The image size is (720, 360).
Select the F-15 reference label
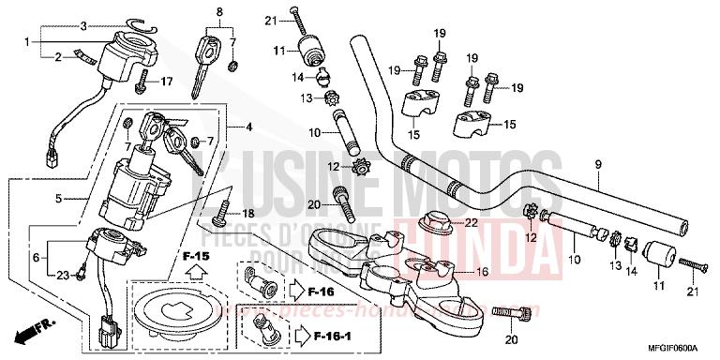coord(196,256)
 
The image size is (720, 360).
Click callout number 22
coord(471,222)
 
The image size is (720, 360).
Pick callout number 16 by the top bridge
coord(483,272)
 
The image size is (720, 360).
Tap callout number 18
coord(249,214)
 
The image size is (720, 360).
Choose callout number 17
coord(166,82)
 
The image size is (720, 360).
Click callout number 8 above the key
coord(220,13)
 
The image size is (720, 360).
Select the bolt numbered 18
coord(223,214)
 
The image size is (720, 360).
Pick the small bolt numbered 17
coord(142,85)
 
